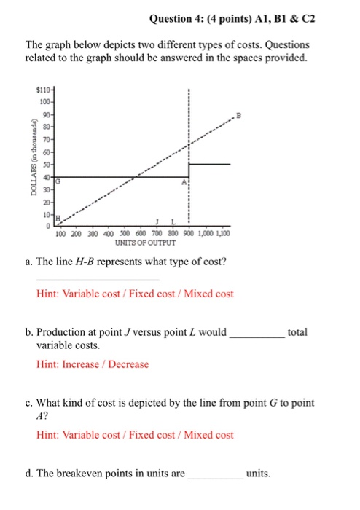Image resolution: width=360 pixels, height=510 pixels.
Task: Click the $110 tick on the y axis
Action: pos(43,87)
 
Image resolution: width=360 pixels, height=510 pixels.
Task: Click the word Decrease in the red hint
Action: pos(130,364)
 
